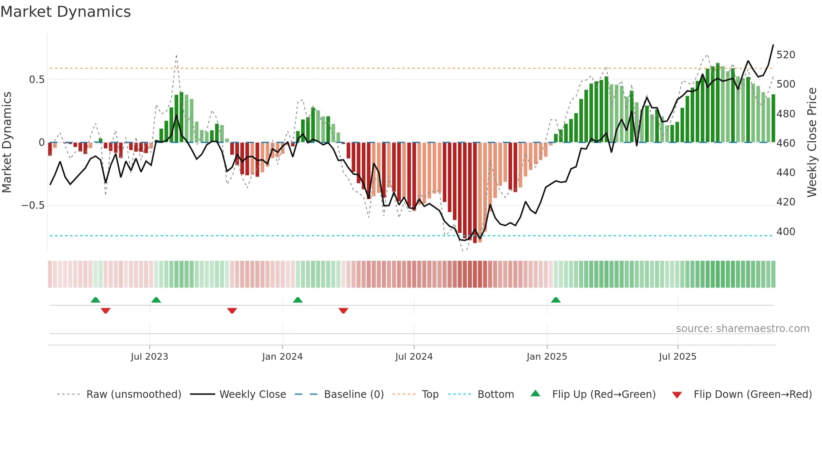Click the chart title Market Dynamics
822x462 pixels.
65,12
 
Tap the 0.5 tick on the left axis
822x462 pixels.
36,80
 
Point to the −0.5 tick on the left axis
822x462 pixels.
33,205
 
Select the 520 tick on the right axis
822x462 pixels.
786,55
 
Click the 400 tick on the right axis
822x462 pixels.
786,232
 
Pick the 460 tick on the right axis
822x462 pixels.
786,143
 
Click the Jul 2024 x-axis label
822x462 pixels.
414,357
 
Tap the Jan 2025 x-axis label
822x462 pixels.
546,357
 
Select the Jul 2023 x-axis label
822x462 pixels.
149,357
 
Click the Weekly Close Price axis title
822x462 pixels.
812,143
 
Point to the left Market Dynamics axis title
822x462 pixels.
7,143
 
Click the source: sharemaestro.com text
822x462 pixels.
742,329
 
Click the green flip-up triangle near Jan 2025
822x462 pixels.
556,300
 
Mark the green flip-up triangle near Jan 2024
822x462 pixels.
298,300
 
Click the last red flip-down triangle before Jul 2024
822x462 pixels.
343,311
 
